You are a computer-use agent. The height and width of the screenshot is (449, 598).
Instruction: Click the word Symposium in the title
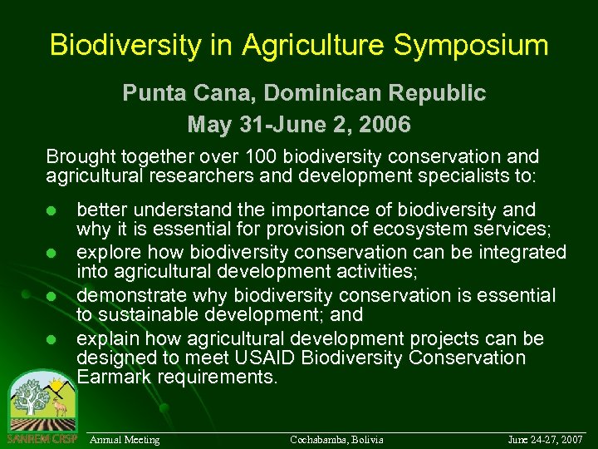tap(471, 45)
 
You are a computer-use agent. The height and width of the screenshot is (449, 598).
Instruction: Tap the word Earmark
tap(112, 377)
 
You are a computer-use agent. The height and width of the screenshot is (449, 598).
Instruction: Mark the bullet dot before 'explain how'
tap(51, 339)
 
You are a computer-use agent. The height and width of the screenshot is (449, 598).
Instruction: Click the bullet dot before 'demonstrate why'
tap(51, 296)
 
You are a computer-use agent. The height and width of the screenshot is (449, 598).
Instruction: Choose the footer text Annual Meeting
tap(125, 439)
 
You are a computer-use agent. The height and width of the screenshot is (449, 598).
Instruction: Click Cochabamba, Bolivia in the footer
tap(336, 439)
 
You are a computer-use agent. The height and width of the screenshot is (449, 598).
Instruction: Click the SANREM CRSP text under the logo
tap(42, 439)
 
